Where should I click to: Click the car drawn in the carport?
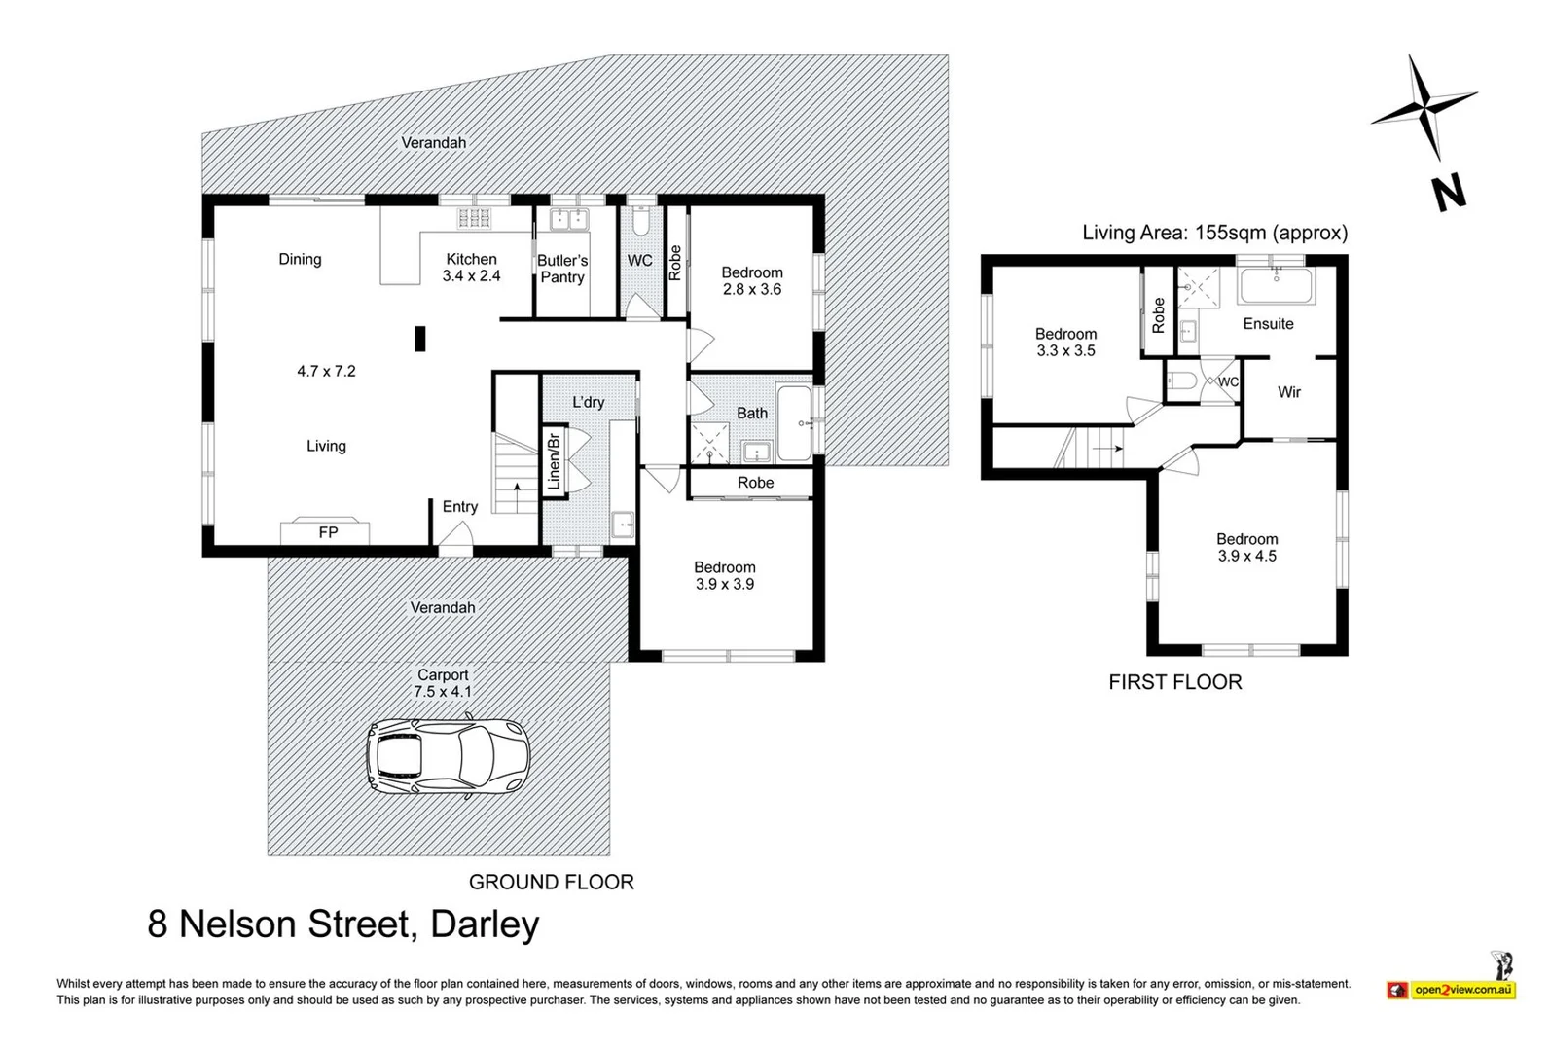coord(448,758)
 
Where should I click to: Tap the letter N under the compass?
coord(1449,192)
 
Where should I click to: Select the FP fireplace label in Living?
coord(328,532)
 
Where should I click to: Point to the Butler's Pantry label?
coord(562,269)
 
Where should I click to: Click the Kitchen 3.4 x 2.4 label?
coord(471,268)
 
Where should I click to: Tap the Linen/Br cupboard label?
coord(554,461)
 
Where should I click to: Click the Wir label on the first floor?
coord(1288,392)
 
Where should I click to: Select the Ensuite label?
coord(1268,324)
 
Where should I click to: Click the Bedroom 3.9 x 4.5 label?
coord(1246,547)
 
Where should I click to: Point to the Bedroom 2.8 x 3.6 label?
coord(751,281)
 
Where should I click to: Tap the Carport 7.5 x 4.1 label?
coord(443,683)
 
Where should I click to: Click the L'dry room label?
coord(588,402)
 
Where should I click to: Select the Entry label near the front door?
coord(459,507)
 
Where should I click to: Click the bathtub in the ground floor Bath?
coord(794,424)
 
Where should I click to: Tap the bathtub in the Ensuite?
coord(1276,288)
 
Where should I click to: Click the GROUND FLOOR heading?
coord(551,882)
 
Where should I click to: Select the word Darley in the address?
coord(485,924)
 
